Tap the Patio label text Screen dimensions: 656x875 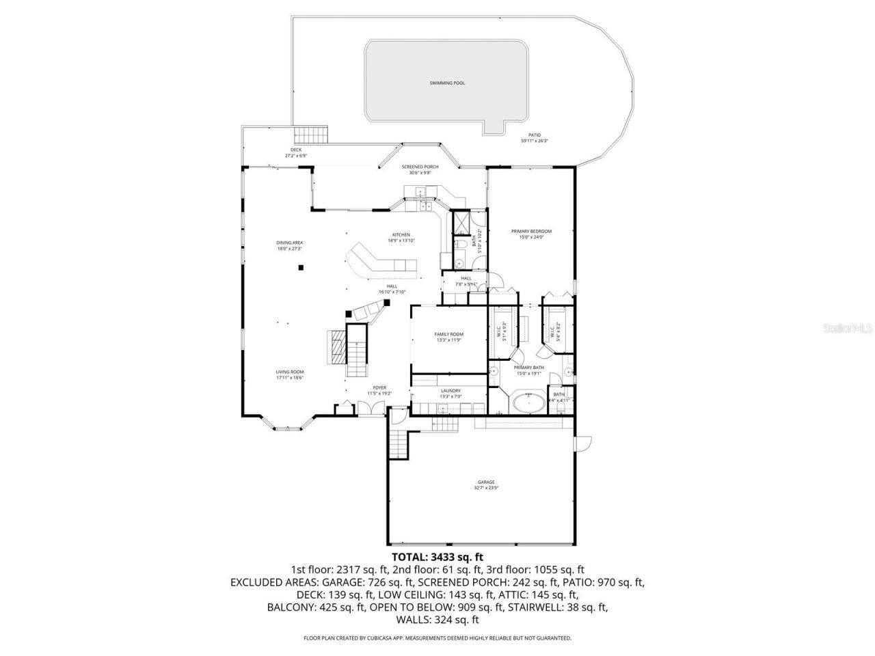click(x=535, y=135)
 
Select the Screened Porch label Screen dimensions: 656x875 click(x=420, y=167)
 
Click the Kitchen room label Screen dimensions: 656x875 click(x=401, y=235)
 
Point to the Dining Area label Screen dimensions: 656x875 click(x=290, y=243)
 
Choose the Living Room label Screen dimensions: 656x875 click(x=290, y=372)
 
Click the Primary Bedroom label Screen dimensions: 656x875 click(x=531, y=232)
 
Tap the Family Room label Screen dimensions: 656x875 click(x=449, y=334)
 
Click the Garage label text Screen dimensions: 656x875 click(x=486, y=482)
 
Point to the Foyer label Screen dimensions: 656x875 click(x=379, y=387)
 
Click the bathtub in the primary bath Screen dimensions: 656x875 click(x=527, y=402)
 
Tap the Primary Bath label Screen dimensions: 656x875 click(x=528, y=368)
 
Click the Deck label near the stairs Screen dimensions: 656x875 click(x=296, y=150)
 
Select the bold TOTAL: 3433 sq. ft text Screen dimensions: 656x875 click(x=437, y=557)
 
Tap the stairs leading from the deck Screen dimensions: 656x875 click(x=311, y=135)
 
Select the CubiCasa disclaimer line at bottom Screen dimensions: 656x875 click(x=437, y=638)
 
